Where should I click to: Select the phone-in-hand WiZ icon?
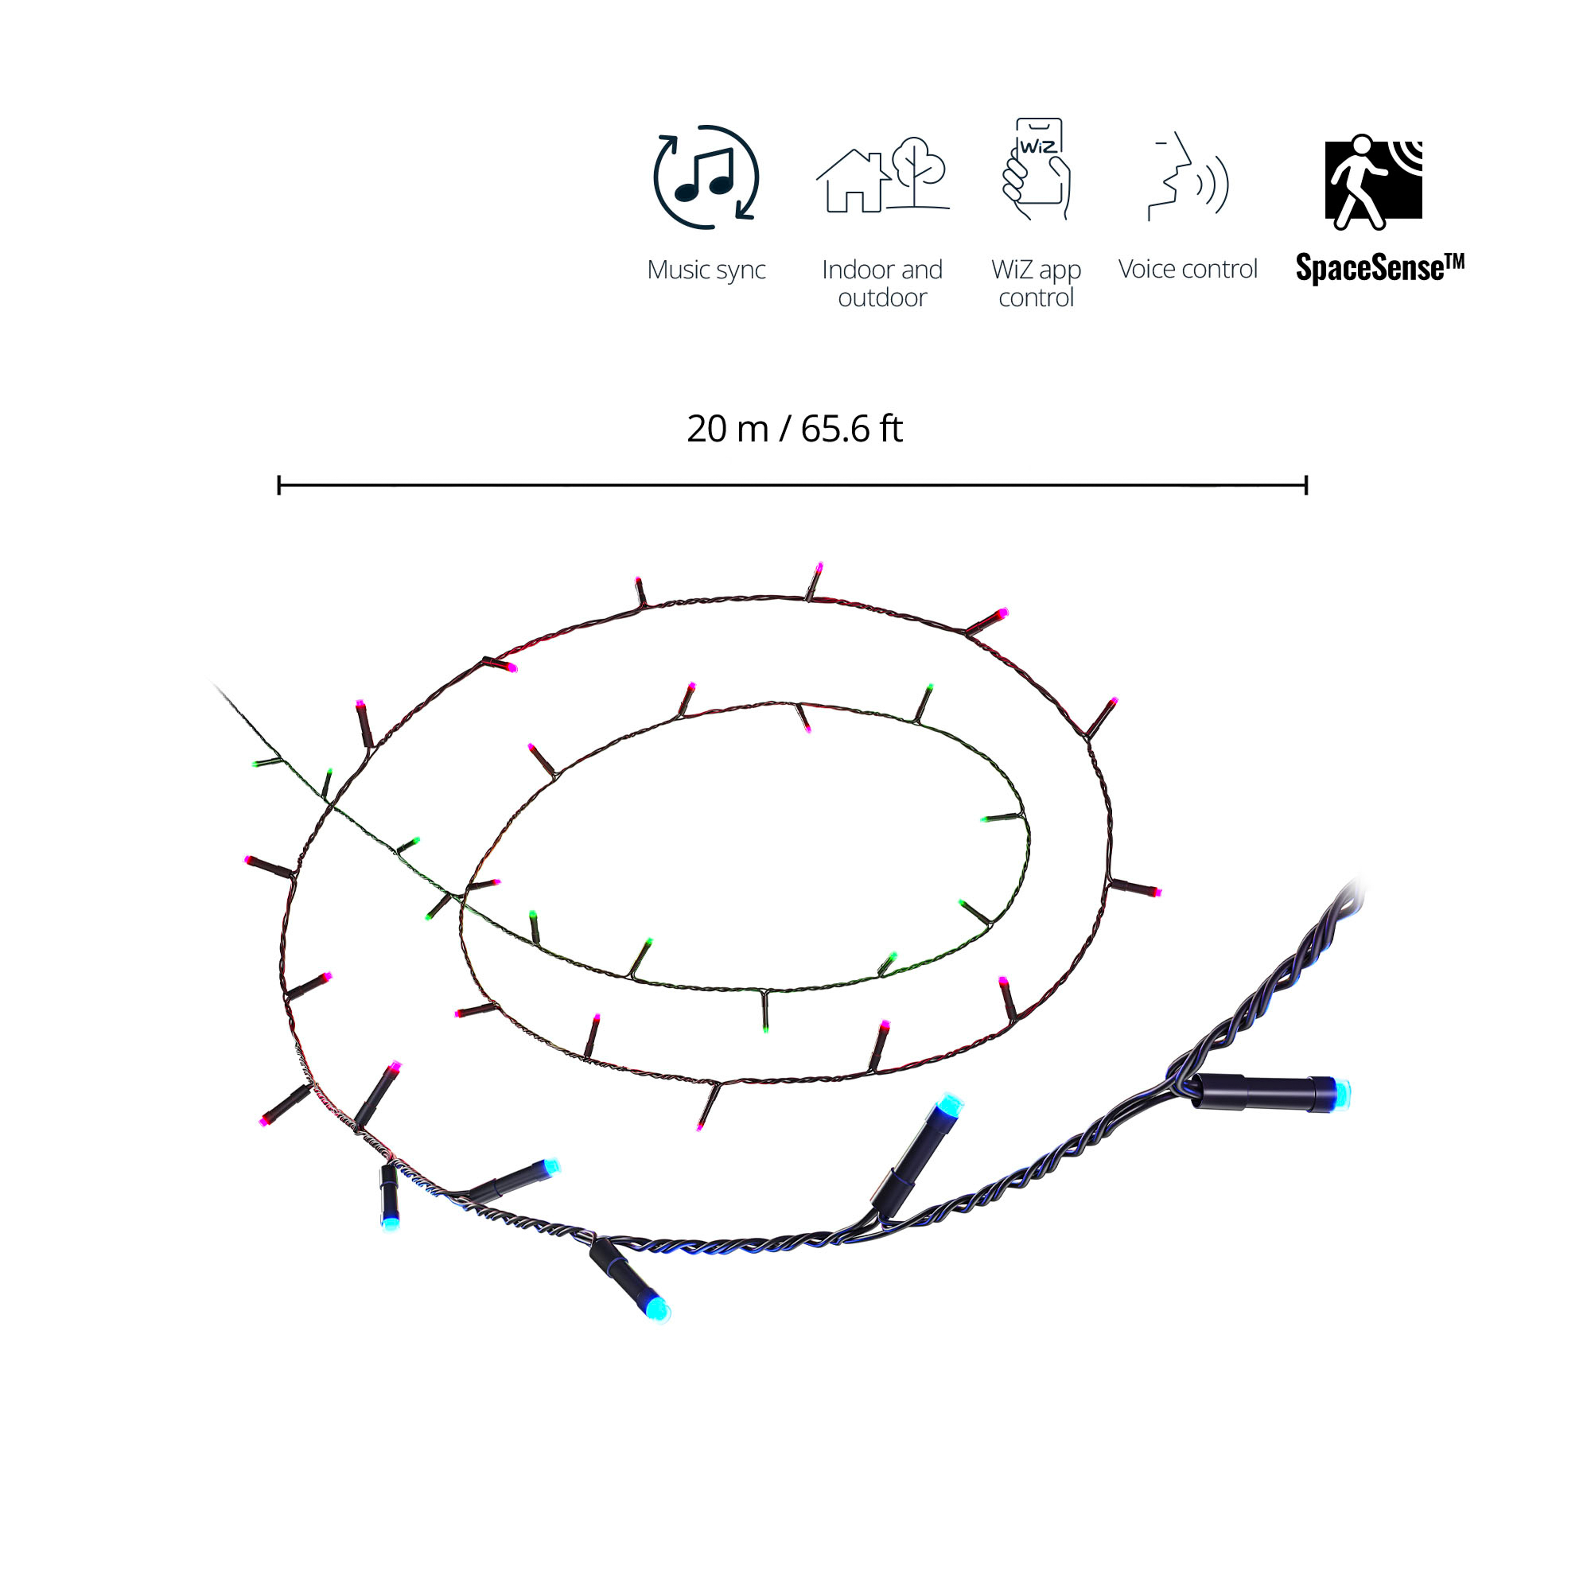[1036, 169]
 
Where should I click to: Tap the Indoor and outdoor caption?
[882, 283]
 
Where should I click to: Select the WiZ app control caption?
[1036, 283]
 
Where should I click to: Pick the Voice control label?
[1188, 269]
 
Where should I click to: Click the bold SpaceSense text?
[1379, 267]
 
